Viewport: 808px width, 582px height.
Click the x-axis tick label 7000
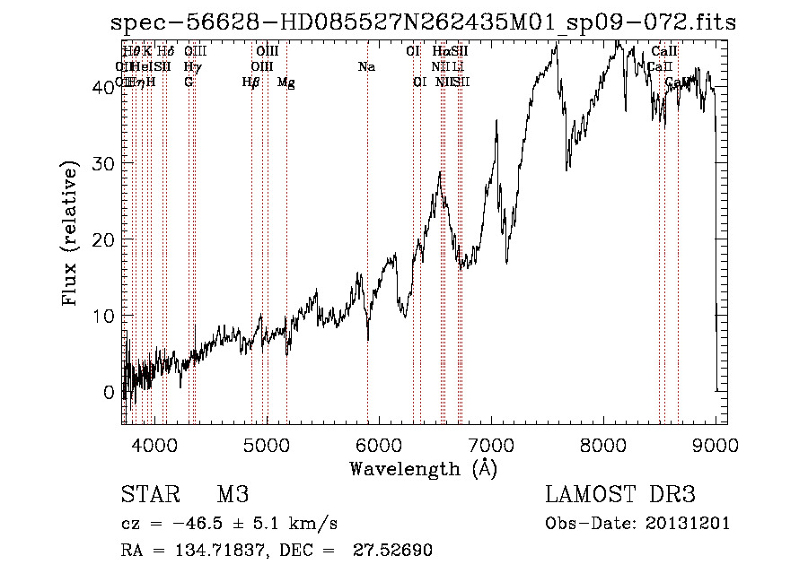pyautogui.click(x=491, y=445)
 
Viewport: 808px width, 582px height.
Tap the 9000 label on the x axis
pyautogui.click(x=716, y=445)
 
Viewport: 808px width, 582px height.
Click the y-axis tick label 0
pyautogui.click(x=109, y=392)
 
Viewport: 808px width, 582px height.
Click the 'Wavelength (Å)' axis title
pyautogui.click(x=423, y=468)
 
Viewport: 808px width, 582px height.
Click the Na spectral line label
pyautogui.click(x=366, y=66)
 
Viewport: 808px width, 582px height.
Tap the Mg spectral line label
pyautogui.click(x=285, y=83)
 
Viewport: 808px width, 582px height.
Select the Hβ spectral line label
pyautogui.click(x=250, y=83)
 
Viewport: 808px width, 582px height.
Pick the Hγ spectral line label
pyautogui.click(x=192, y=66)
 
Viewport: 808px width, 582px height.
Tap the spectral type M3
pyautogui.click(x=232, y=496)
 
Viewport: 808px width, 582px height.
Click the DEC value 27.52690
pyautogui.click(x=394, y=551)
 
